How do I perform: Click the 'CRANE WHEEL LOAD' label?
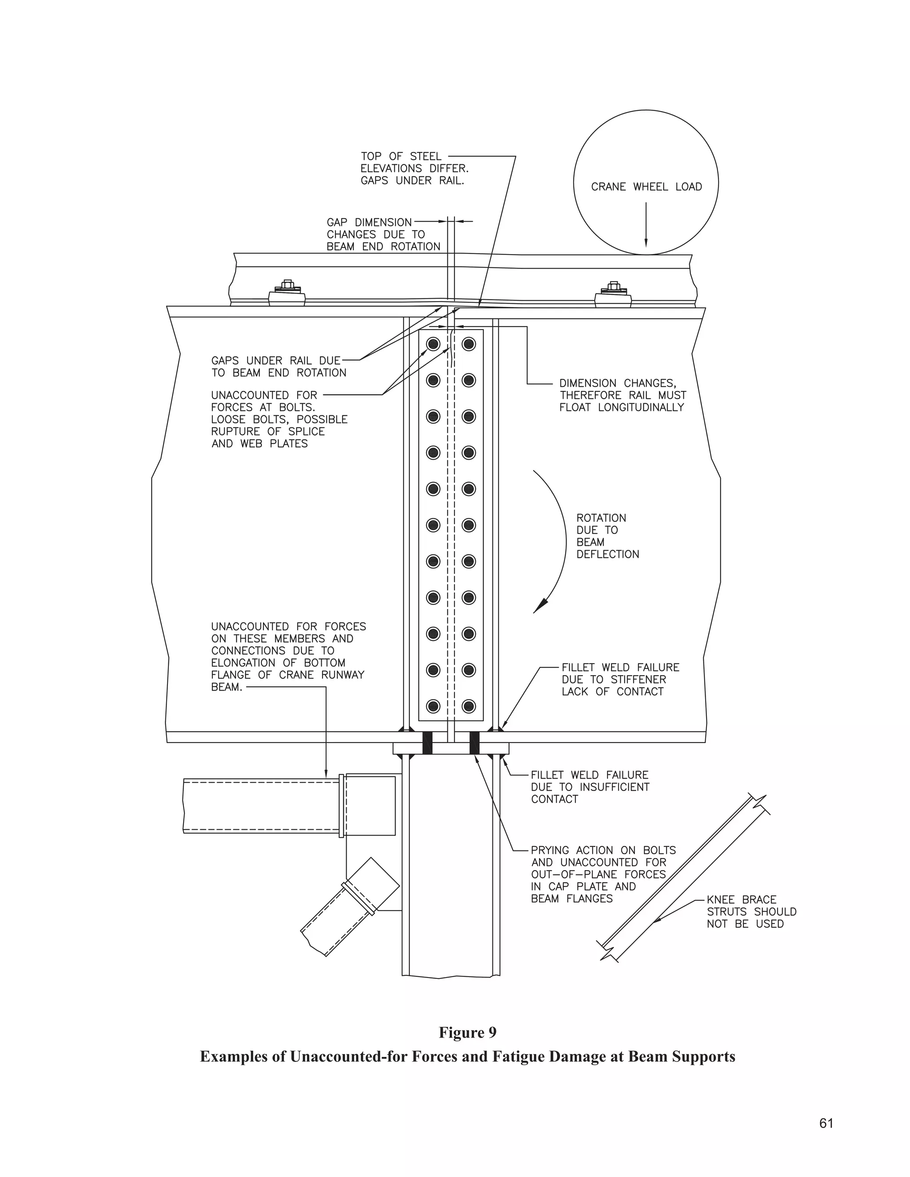tap(647, 187)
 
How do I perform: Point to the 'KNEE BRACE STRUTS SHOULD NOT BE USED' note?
tap(751, 911)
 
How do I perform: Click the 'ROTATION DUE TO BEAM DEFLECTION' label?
tap(607, 536)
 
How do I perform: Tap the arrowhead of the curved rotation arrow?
tap(539, 607)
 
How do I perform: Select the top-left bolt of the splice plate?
tap(433, 344)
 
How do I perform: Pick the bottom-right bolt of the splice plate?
tap(468, 706)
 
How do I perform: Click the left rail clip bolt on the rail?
tap(287, 286)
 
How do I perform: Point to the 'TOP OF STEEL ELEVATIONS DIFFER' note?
tap(414, 168)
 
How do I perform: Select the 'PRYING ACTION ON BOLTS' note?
tap(603, 874)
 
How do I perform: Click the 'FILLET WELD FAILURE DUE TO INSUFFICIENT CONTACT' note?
tap(590, 787)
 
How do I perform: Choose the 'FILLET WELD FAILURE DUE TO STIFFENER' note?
tap(620, 679)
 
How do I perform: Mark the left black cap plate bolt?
tap(427, 743)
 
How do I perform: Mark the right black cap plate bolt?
tap(475, 743)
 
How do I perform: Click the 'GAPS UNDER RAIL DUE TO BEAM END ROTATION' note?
tap(278, 366)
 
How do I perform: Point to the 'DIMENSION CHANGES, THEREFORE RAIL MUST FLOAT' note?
tap(623, 395)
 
